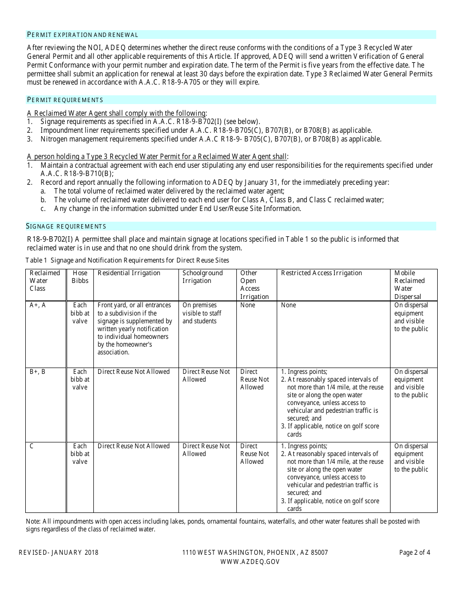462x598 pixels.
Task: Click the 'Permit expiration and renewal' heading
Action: tap(83, 35)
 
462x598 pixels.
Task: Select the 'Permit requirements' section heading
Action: tap(65, 100)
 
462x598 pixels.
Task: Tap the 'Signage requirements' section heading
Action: tap(66, 226)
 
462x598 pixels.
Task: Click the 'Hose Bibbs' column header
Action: tap(80, 277)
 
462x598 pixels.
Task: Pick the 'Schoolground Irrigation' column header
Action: tap(202, 277)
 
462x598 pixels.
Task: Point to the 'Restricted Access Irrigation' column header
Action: tap(321, 273)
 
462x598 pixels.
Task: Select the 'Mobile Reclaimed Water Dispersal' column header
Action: tap(409, 284)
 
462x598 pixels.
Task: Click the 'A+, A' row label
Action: tap(38, 305)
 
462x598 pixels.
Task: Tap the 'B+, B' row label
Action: tap(38, 371)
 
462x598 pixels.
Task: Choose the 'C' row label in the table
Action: tap(32, 446)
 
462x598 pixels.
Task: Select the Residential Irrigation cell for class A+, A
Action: tap(135, 329)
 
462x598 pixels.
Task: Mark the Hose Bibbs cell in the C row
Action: tap(80, 454)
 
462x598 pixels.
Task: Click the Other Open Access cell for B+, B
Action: tap(254, 379)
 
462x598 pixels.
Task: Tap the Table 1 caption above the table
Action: tap(127, 260)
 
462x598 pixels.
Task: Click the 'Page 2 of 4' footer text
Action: tap(414, 552)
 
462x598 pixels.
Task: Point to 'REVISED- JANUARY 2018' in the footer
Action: tap(58, 552)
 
